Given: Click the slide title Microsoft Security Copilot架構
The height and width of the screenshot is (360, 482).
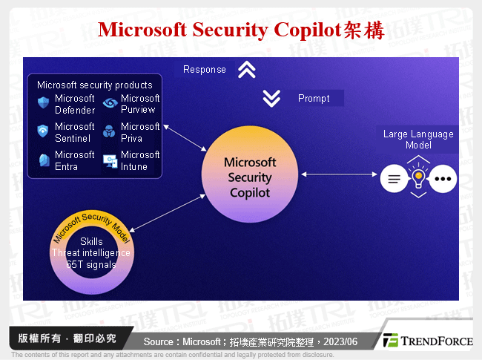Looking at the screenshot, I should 241,30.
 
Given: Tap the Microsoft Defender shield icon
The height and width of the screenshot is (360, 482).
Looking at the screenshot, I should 43,104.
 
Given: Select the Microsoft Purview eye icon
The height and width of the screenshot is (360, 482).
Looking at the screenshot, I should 110,104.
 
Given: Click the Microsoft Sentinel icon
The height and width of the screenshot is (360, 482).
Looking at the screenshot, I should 43,132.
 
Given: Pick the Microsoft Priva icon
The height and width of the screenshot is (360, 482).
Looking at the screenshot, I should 110,132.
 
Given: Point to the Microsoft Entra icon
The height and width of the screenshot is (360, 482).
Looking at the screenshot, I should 43,160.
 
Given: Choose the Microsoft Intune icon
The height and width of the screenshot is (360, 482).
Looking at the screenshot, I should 110,160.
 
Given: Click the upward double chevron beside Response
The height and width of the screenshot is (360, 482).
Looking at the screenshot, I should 246,70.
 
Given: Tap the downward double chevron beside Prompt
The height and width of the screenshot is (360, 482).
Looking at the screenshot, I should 271,97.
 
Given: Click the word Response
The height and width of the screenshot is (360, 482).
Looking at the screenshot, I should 205,70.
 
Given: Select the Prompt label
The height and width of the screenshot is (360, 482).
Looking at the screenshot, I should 314,98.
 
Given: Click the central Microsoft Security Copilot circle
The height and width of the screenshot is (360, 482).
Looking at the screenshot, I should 249,177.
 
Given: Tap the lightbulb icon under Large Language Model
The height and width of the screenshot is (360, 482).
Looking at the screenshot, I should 419,179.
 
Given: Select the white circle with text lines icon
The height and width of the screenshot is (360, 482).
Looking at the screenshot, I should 394,179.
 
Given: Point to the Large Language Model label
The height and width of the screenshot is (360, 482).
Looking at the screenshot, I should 418,140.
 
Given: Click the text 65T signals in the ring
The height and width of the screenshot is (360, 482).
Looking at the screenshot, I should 90,264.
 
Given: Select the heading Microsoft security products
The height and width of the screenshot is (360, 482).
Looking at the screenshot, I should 94,85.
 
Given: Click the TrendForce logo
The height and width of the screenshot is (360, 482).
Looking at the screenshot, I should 426,341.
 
